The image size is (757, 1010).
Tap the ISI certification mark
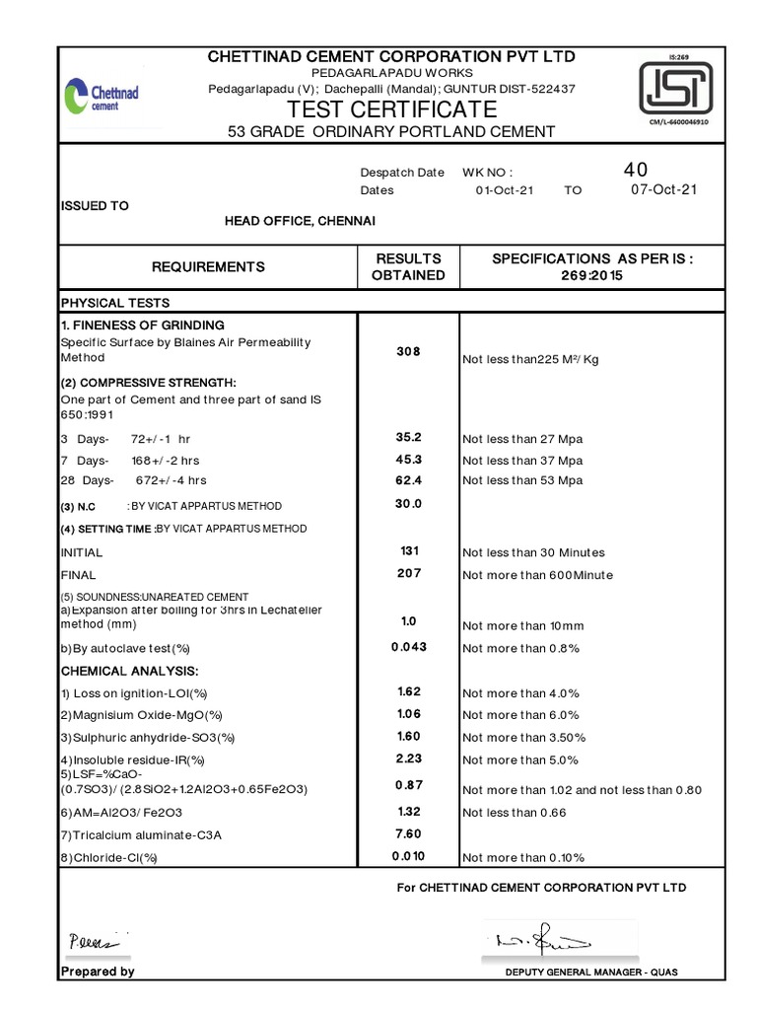click(678, 88)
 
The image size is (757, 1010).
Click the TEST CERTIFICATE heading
click(392, 108)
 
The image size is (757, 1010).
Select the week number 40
click(636, 171)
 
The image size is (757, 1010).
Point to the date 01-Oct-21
click(504, 190)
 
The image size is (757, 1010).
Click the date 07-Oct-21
click(662, 190)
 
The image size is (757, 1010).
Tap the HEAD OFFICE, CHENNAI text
click(300, 220)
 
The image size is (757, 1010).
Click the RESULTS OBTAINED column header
click(408, 266)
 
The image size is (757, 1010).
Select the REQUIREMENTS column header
click(208, 266)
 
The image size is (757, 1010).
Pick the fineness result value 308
click(408, 351)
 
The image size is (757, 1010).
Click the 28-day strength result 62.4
click(408, 480)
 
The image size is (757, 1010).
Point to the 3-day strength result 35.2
click(408, 435)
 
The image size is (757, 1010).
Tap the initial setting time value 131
click(408, 551)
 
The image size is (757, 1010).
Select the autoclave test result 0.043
click(408, 647)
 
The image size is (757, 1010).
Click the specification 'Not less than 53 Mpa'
click(522, 480)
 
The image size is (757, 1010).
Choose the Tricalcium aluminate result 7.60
click(408, 833)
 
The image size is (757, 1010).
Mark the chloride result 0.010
click(408, 856)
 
